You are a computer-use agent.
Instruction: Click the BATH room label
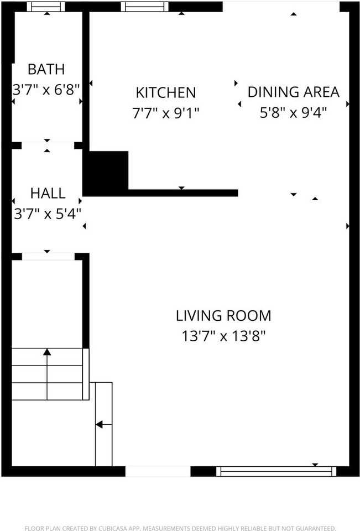[x=46, y=69]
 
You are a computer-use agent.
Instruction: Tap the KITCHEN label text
[x=166, y=92]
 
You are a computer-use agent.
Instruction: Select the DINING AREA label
[x=293, y=92]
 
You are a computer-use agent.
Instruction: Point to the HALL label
[x=48, y=193]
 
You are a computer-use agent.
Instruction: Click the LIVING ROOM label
[x=223, y=316]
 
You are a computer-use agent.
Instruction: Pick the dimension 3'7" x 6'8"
[x=46, y=88]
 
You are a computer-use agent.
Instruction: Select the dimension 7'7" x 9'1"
[x=166, y=113]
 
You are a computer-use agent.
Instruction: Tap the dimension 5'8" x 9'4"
[x=293, y=112]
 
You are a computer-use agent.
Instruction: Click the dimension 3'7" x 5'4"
[x=48, y=213]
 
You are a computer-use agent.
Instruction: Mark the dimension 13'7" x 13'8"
[x=223, y=336]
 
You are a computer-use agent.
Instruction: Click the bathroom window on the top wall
[x=46, y=7]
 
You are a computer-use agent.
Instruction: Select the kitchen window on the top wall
[x=145, y=7]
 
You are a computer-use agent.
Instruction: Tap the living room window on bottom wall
[x=276, y=471]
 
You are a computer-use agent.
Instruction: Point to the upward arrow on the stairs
[x=47, y=352]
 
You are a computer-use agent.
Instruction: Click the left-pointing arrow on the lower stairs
[x=100, y=425]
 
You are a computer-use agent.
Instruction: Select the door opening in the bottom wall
[x=158, y=471]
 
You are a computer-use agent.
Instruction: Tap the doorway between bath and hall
[x=48, y=145]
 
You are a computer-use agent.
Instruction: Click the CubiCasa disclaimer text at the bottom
[x=180, y=528]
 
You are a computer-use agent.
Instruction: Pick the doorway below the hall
[x=48, y=256]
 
